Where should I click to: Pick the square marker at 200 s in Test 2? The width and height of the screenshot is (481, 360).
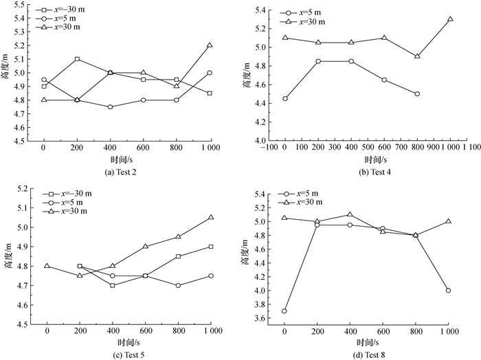(x=77, y=59)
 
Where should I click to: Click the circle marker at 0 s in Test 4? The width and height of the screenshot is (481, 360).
(x=285, y=98)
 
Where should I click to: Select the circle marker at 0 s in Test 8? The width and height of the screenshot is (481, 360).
(x=284, y=311)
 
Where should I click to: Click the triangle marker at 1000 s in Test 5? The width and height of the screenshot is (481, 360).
(x=210, y=217)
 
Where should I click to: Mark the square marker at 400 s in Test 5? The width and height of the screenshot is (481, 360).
(x=113, y=285)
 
